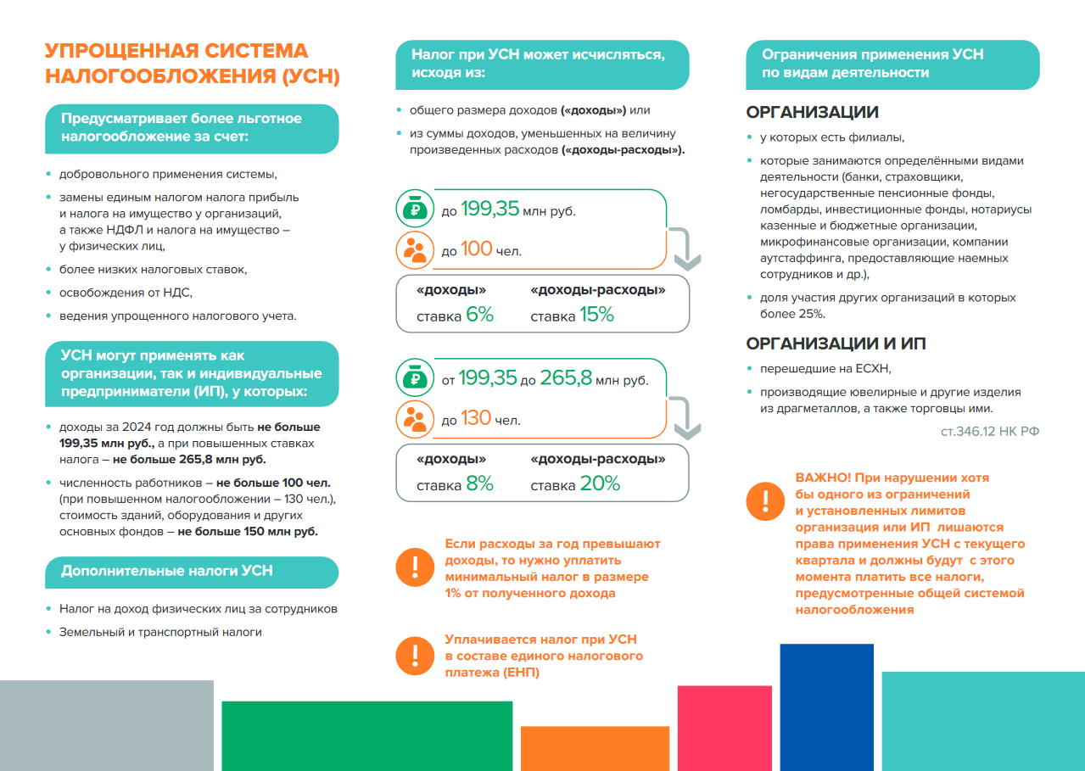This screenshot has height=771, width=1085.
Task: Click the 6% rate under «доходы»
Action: (479, 315)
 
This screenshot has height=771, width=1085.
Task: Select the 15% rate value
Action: (596, 315)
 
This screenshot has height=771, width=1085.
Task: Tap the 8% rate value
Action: (479, 484)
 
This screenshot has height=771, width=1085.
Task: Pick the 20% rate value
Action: (600, 484)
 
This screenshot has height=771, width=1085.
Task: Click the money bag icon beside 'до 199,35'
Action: (415, 210)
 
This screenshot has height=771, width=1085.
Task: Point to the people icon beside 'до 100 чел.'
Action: (415, 250)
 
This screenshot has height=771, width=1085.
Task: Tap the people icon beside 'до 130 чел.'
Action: (415, 418)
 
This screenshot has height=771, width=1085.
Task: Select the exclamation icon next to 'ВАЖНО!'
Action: (765, 500)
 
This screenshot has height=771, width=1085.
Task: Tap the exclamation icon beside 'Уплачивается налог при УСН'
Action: (415, 655)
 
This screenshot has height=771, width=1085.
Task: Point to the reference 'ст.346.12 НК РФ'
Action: (990, 432)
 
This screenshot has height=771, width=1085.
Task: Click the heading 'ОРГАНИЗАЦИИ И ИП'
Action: (836, 344)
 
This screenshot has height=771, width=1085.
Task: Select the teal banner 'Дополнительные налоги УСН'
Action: (191, 572)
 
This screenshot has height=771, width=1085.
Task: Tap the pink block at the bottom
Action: (724, 727)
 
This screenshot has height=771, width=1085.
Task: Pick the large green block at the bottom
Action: (366, 735)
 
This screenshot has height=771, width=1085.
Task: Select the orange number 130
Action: (475, 418)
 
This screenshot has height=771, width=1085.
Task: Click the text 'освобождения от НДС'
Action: (126, 293)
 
